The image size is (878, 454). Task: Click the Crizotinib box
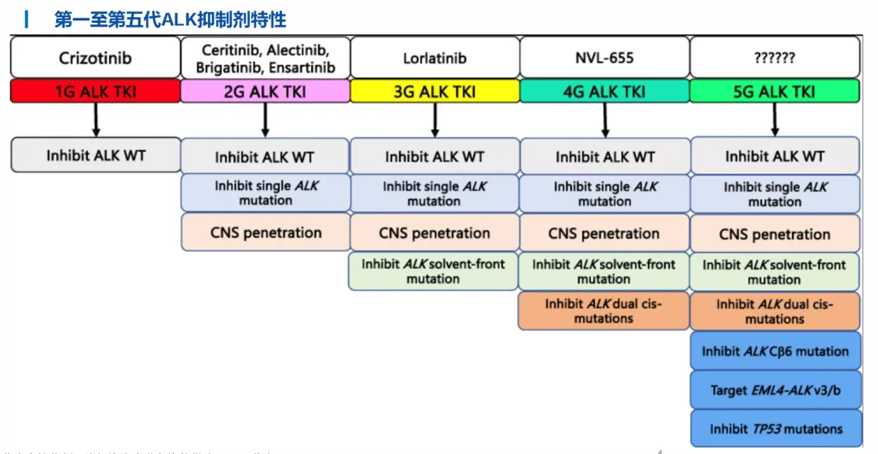point(95,58)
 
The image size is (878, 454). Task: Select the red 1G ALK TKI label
point(95,91)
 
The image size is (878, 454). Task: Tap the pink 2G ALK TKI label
point(265,91)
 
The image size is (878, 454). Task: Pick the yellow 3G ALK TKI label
point(434,91)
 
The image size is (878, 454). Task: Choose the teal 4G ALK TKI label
point(604,91)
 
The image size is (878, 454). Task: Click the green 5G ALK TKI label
point(774,91)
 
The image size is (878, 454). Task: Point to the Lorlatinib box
point(434,58)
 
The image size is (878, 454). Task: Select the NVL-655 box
point(604,58)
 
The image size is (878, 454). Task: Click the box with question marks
point(774,58)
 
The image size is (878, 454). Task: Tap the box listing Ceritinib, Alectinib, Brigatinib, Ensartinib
point(265,58)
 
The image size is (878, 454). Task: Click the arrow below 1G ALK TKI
point(96,119)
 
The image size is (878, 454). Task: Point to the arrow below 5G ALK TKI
point(774,119)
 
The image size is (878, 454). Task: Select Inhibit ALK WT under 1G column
point(95,154)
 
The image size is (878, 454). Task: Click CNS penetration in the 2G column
point(265,232)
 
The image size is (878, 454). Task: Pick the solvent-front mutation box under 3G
point(434,271)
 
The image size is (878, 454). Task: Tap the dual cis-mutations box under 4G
point(604,311)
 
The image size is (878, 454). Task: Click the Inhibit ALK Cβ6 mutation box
point(774,352)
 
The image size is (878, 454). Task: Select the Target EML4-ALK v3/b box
point(774,390)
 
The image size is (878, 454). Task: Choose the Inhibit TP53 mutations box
point(774,429)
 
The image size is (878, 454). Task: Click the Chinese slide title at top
point(170,19)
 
